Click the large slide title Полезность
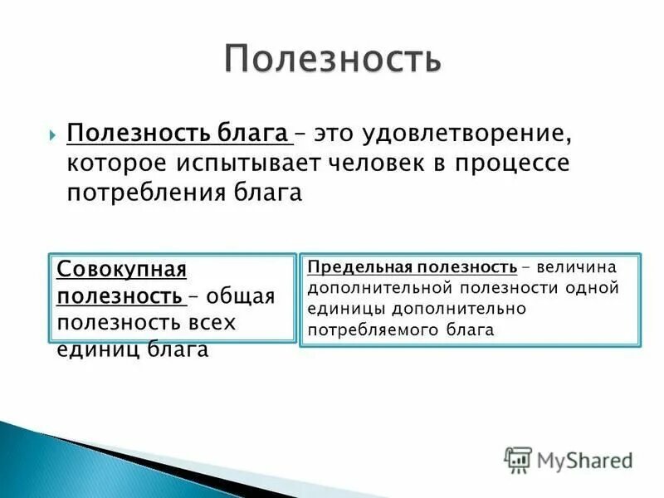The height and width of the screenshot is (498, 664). coord(332,59)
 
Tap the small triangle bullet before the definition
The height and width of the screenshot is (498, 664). coord(52,134)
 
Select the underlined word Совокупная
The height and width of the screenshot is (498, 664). coord(121,270)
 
